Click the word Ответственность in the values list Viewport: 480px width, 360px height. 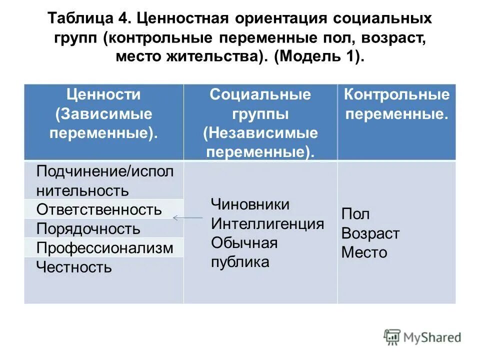[99, 209]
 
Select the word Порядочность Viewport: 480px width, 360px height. [88, 229]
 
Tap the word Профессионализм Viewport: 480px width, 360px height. [105, 248]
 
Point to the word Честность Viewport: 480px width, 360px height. [74, 267]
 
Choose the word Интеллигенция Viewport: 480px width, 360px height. [267, 223]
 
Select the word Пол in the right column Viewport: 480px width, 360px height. [355, 214]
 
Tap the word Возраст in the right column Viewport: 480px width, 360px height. [370, 233]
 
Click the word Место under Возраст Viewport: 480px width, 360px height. [364, 252]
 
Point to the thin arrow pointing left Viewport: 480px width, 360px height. [187, 217]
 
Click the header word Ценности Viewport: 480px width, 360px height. [104, 94]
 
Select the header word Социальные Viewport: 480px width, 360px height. [260, 94]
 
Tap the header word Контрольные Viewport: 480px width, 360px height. [396, 94]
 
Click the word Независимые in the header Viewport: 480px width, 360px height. [260, 133]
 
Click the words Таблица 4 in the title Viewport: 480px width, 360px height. [89, 19]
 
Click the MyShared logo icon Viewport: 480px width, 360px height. [392, 337]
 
